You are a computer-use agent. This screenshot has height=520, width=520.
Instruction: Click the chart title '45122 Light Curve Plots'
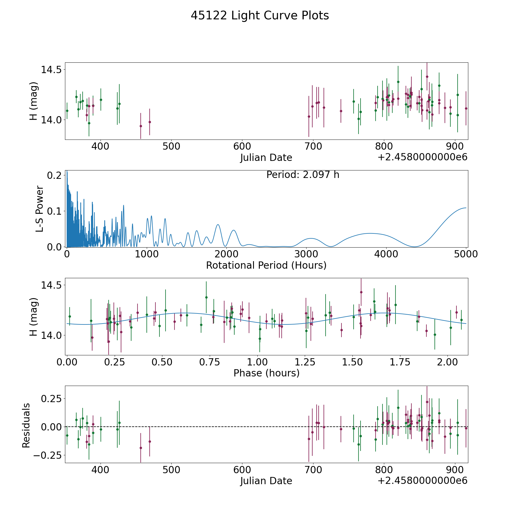pos(260,16)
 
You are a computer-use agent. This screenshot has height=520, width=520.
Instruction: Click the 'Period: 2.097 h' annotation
pos(303,175)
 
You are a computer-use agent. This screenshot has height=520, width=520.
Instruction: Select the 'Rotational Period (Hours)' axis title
pos(266,265)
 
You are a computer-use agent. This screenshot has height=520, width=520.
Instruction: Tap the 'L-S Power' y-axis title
pos(40,209)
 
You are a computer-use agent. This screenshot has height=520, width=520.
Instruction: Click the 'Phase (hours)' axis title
pos(266,373)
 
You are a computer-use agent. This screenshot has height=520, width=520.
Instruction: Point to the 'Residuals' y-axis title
pos(26,426)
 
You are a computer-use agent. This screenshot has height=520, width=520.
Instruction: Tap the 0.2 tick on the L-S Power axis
pos(54,175)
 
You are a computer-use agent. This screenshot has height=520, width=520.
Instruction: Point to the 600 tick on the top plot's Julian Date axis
pos(242,146)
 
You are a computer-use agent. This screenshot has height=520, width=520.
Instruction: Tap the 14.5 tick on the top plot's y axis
pos(50,70)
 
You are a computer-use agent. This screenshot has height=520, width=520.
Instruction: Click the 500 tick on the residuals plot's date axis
pos(171,470)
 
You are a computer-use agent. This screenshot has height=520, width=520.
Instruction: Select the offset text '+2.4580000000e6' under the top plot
pos(422,157)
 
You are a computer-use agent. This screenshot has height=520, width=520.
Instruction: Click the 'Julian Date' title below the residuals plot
pos(266,481)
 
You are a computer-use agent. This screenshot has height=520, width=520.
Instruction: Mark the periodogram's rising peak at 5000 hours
pos(465,208)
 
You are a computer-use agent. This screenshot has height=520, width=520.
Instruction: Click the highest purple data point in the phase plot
pos(361,292)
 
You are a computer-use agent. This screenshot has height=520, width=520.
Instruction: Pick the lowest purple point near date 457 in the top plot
pos(141,126)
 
